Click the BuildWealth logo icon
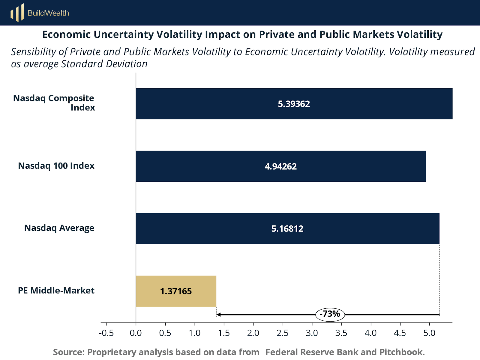[x=17, y=13]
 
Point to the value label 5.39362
[x=294, y=104]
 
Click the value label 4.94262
[x=280, y=166]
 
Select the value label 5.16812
[x=287, y=229]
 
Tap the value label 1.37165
[x=176, y=291]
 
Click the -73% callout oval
[x=330, y=314]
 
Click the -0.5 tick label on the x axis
[x=106, y=333]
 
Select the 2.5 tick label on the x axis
[x=283, y=333]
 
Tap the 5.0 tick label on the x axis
[x=429, y=333]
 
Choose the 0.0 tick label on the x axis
[x=136, y=333]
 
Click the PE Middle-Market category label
[x=56, y=290]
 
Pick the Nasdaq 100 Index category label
[x=56, y=166]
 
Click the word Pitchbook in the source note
[x=402, y=352]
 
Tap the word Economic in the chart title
[x=67, y=34]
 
